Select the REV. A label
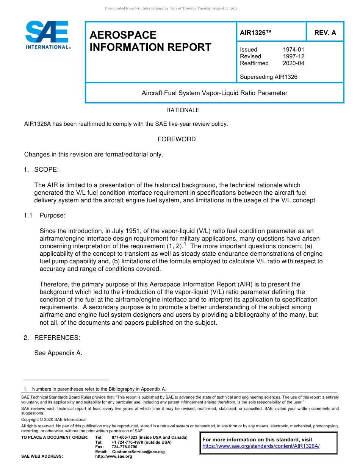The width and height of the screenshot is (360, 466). [x=325, y=33]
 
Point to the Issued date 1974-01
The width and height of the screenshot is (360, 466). [x=293, y=50]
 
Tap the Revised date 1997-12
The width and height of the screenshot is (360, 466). [x=293, y=56]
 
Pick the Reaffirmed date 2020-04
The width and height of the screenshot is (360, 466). [x=293, y=63]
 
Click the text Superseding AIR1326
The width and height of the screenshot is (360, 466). [x=268, y=77]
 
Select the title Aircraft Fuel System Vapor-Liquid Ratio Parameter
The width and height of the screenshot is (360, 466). [x=214, y=93]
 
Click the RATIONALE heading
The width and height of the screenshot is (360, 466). [x=183, y=110]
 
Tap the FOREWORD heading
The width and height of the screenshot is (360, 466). [x=177, y=139]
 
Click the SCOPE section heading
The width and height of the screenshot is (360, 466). [x=46, y=169]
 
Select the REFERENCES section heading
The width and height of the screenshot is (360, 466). [x=57, y=338]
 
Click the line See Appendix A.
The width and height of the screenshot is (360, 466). [x=58, y=353]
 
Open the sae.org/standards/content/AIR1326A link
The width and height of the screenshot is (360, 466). [x=261, y=446]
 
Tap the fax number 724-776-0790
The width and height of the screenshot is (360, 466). [x=125, y=447]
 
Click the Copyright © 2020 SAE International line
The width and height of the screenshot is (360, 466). [x=54, y=419]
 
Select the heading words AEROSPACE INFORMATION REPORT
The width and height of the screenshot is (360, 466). [x=150, y=41]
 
